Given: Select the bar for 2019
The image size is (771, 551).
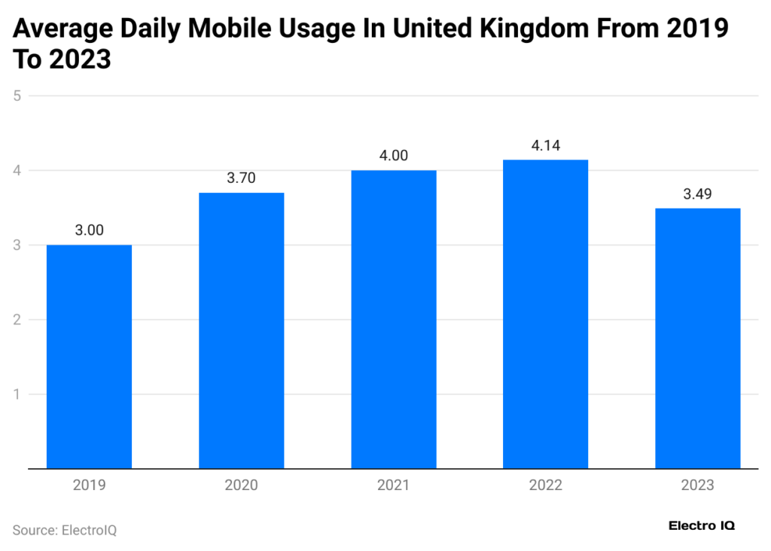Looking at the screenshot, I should coord(89,357).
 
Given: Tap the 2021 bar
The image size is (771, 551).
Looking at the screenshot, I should coord(393,320).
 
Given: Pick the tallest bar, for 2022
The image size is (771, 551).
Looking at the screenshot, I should coord(545,315).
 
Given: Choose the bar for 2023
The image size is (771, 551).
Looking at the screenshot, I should coord(697,339).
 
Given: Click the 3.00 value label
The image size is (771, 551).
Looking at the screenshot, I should coord(89,230).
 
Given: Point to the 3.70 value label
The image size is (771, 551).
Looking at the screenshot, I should coord(241,178).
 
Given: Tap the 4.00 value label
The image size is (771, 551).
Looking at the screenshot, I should coord(393,156).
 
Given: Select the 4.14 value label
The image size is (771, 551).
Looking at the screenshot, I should coord(545,145).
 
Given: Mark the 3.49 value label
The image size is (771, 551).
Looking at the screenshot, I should coord(697,193).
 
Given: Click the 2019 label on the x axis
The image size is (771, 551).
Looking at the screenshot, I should coord(89,486).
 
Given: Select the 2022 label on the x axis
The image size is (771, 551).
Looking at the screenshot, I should coord(545,486).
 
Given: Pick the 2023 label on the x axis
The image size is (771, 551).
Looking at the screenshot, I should coord(697,486).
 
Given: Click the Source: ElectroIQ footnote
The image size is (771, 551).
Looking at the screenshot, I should coord(65,530).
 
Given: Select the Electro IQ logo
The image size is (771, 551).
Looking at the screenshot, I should coord(702,525).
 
